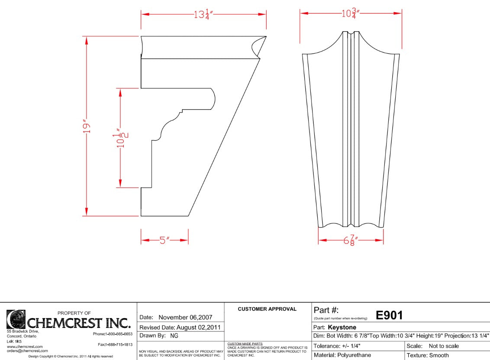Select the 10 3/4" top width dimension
click(x=351, y=13)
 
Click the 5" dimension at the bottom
click(x=164, y=241)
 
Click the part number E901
click(x=389, y=315)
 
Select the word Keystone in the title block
click(x=342, y=328)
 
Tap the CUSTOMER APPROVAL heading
click(x=267, y=309)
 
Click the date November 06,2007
click(x=185, y=317)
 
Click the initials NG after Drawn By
click(x=174, y=336)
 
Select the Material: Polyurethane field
click(x=342, y=355)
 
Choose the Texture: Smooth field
click(x=428, y=355)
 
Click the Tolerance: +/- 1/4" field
click(x=337, y=346)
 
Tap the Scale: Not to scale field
click(x=432, y=346)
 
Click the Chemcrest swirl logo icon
click(x=16, y=319)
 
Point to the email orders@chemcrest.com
click(x=27, y=351)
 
